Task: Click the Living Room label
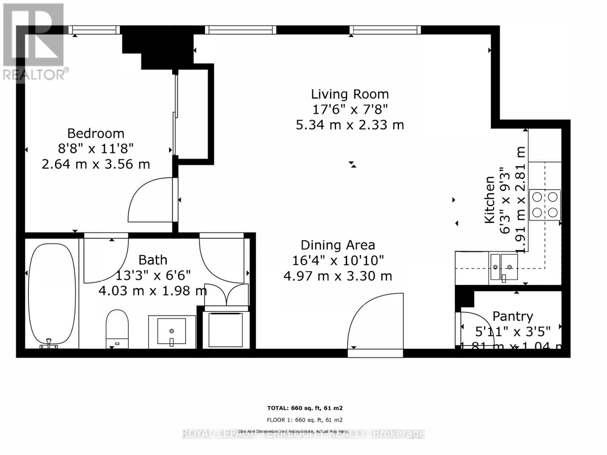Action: pyautogui.click(x=350, y=94)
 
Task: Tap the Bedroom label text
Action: pyautogui.click(x=96, y=133)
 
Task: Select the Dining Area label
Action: pyautogui.click(x=338, y=245)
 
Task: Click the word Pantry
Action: pyautogui.click(x=513, y=316)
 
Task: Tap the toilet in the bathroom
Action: pyautogui.click(x=117, y=328)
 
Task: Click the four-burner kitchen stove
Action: pyautogui.click(x=545, y=205)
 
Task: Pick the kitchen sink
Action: pyautogui.click(x=504, y=267)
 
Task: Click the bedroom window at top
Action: pyautogui.click(x=94, y=30)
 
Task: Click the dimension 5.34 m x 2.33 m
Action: pyautogui.click(x=350, y=125)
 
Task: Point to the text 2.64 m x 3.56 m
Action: pyautogui.click(x=96, y=164)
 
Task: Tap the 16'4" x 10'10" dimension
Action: pyautogui.click(x=338, y=261)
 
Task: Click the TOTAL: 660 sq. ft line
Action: pyautogui.click(x=305, y=408)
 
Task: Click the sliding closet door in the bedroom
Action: pyautogui.click(x=175, y=114)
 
